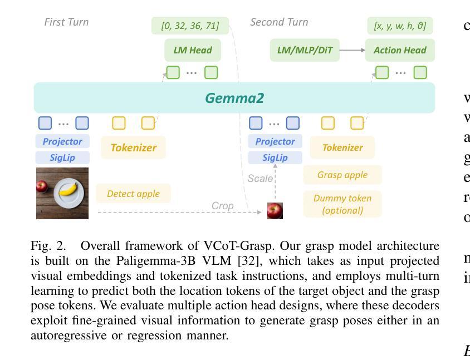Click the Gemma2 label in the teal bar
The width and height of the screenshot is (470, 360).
[x=234, y=98]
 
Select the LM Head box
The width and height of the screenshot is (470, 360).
[x=193, y=50]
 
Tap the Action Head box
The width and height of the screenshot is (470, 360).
[x=400, y=50]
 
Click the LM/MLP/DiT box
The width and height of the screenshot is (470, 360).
[x=305, y=50]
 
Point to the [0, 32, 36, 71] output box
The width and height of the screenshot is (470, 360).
[x=190, y=26]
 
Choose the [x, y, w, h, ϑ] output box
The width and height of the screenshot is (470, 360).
[x=400, y=26]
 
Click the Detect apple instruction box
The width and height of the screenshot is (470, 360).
[x=133, y=194]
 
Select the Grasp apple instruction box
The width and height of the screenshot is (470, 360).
[x=342, y=175]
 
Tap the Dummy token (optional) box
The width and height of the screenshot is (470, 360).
[x=342, y=204]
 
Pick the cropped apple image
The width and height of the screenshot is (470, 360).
[x=275, y=210]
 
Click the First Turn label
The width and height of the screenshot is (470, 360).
[x=66, y=22]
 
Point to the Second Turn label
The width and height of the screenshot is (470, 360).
[x=279, y=22]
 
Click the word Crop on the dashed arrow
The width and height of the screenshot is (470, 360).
[x=222, y=206]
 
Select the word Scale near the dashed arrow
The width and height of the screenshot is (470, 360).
[x=260, y=179]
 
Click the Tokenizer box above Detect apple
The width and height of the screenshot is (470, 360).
[x=134, y=147]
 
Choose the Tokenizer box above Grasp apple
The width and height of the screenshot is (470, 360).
[x=342, y=147]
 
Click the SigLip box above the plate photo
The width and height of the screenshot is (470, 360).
[x=62, y=157]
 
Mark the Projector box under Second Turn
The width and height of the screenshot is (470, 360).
[x=275, y=141]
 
